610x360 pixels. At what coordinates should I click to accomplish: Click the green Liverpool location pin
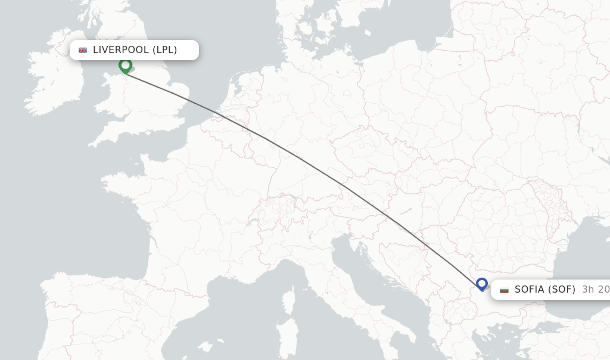(125, 66)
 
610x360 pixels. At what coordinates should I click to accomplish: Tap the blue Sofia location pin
(482, 284)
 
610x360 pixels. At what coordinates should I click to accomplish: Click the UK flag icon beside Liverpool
(83, 50)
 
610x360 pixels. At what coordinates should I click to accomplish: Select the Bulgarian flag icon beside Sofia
(504, 290)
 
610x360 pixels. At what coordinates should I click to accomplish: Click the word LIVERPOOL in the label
(122, 50)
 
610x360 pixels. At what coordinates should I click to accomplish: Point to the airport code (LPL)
(165, 50)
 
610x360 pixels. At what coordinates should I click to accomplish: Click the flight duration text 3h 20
(595, 290)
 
